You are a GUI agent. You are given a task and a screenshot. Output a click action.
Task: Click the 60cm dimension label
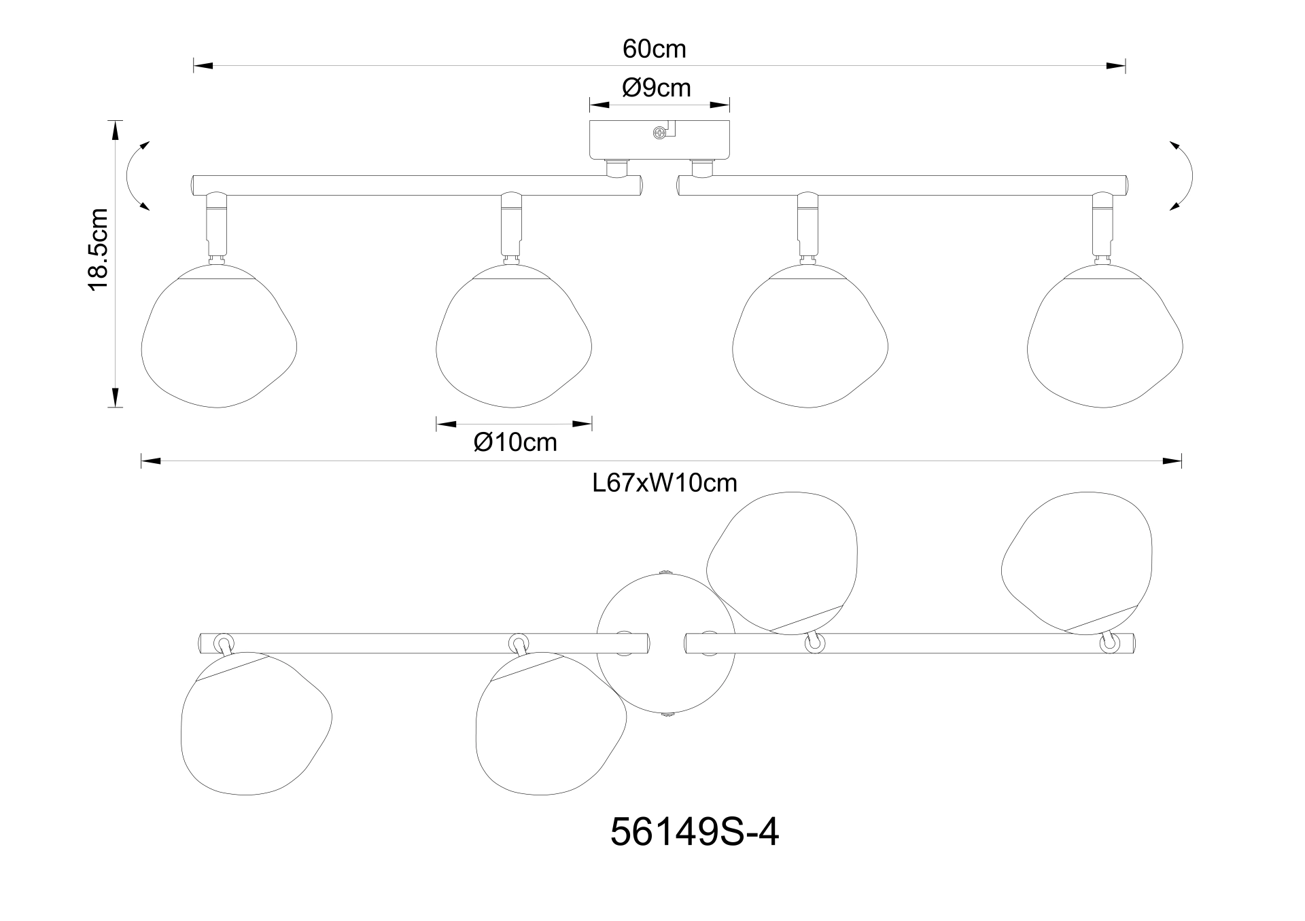point(654,49)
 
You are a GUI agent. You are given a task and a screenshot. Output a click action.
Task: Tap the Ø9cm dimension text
point(657,88)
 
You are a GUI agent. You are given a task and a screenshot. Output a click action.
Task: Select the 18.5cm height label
point(99,251)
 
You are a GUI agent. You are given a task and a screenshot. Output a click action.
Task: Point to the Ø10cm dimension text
point(515,442)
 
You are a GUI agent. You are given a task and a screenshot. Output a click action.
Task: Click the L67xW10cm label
point(665,483)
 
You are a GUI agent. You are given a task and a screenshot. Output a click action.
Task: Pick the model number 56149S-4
point(695,831)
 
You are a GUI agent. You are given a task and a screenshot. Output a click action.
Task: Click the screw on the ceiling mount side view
point(659,134)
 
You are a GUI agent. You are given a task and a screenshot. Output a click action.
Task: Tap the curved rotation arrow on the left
point(137,176)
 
